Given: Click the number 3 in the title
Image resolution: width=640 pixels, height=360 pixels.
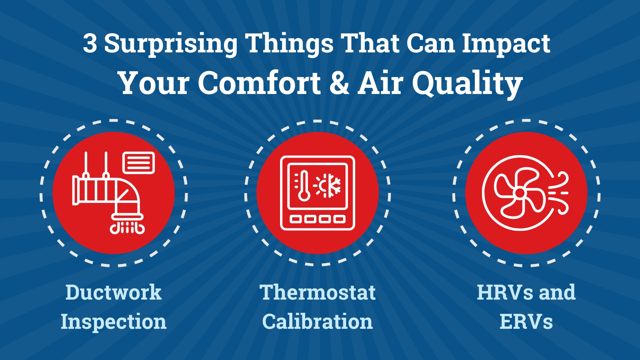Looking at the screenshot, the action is [90, 44].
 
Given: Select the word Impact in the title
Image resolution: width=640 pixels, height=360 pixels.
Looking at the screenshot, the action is [506, 44].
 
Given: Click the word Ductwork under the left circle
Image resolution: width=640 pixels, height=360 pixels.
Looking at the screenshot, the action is [114, 292].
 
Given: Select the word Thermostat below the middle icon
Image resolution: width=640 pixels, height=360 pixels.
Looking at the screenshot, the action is [318, 292].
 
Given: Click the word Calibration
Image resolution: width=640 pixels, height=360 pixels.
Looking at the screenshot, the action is [318, 321].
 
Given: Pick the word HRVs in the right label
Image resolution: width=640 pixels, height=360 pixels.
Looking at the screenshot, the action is [504, 292].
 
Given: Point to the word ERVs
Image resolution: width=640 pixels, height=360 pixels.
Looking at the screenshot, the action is [526, 321].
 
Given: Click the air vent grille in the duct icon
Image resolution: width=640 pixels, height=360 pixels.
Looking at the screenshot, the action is [138, 163].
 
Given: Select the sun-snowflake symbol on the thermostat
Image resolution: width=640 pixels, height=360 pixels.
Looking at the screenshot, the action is [328, 186].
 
